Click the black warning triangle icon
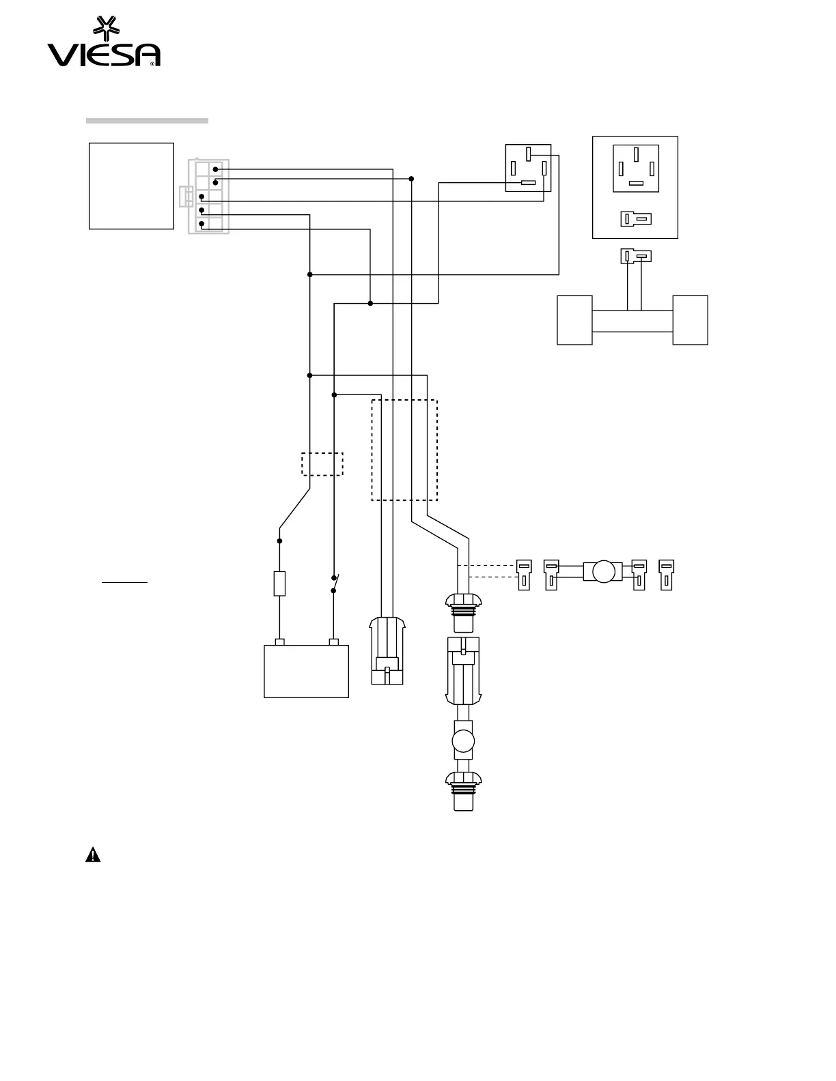(x=93, y=854)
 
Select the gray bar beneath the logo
(x=147, y=121)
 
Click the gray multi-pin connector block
(x=208, y=197)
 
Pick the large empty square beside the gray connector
(x=131, y=186)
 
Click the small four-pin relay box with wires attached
(x=528, y=168)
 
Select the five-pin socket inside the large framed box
(x=636, y=168)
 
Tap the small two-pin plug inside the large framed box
(x=636, y=219)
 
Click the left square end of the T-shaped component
(x=574, y=320)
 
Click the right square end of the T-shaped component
(x=690, y=320)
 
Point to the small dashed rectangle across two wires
(x=322, y=464)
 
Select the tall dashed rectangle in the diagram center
(x=404, y=450)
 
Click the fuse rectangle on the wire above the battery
(x=279, y=583)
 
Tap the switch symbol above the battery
(x=335, y=583)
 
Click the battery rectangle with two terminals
(x=306, y=671)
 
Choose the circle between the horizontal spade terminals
(x=604, y=571)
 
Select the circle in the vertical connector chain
(x=464, y=741)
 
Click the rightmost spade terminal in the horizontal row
(x=666, y=574)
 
